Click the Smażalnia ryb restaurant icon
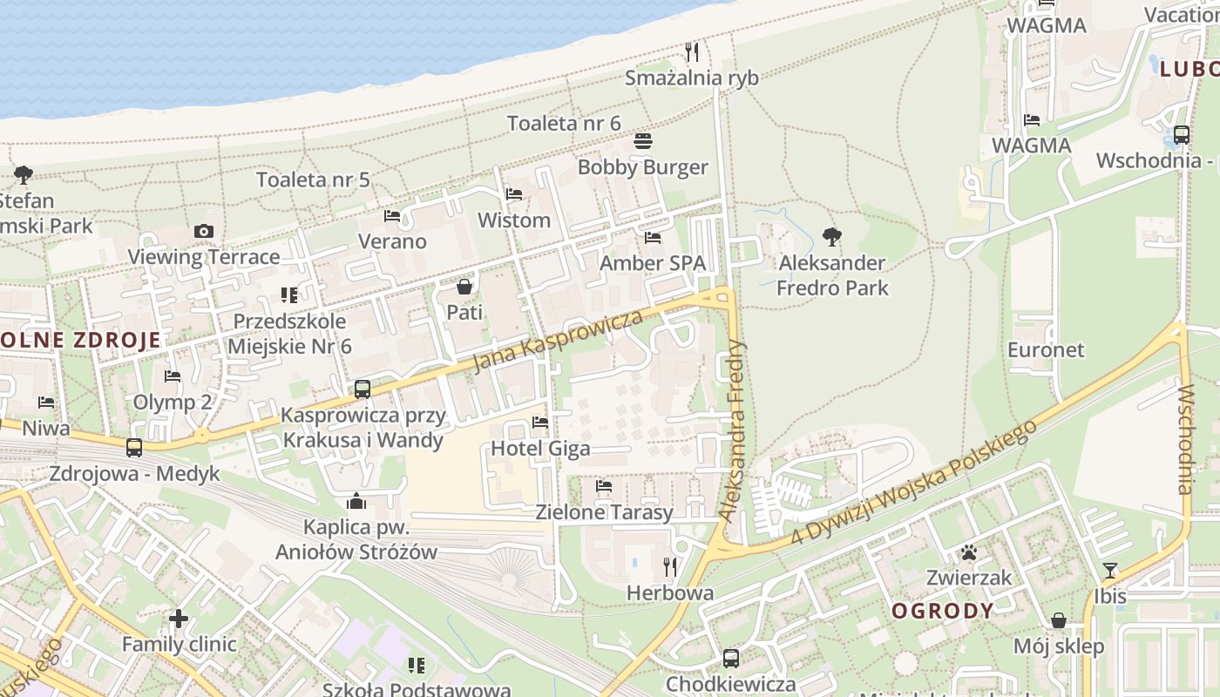[692, 52]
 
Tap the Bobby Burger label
[643, 167]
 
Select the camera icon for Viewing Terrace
[204, 231]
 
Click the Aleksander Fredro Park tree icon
[832, 235]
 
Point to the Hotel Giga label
[540, 449]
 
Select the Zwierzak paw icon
[968, 552]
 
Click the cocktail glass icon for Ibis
[1109, 571]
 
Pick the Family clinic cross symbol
[179, 619]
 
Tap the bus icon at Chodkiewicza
[731, 659]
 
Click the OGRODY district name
[942, 611]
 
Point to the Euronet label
[1046, 350]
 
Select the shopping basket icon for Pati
[464, 286]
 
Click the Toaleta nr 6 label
[564, 123]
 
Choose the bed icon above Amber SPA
[653, 237]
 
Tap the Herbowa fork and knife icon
[670, 567]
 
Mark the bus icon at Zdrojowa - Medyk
[134, 448]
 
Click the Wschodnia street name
[1184, 439]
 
